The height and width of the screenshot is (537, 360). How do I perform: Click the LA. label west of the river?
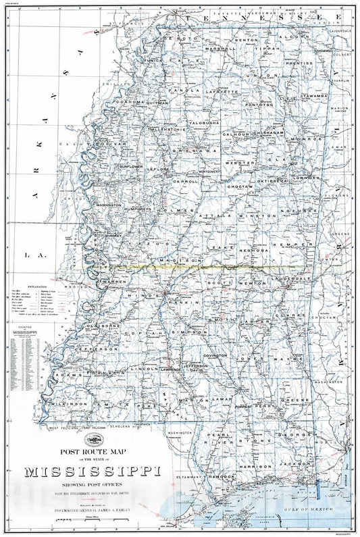pos(28,255)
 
